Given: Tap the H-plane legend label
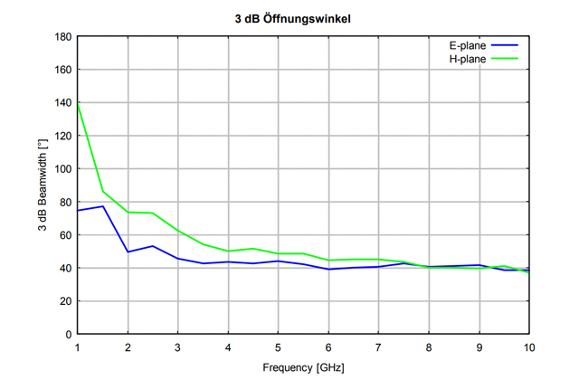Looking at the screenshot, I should [468, 59].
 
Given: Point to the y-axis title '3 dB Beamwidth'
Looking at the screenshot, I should [42, 185].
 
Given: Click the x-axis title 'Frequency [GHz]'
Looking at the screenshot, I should [303, 369].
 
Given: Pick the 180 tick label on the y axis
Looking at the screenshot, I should [63, 37].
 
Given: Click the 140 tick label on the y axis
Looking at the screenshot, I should [63, 103].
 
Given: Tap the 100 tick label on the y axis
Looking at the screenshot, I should [63, 169].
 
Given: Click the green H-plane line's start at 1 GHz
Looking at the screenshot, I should [78, 103].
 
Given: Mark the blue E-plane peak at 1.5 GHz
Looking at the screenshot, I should [103, 206].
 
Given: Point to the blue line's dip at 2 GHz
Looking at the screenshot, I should [128, 252].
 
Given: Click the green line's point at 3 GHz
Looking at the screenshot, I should [178, 230].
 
